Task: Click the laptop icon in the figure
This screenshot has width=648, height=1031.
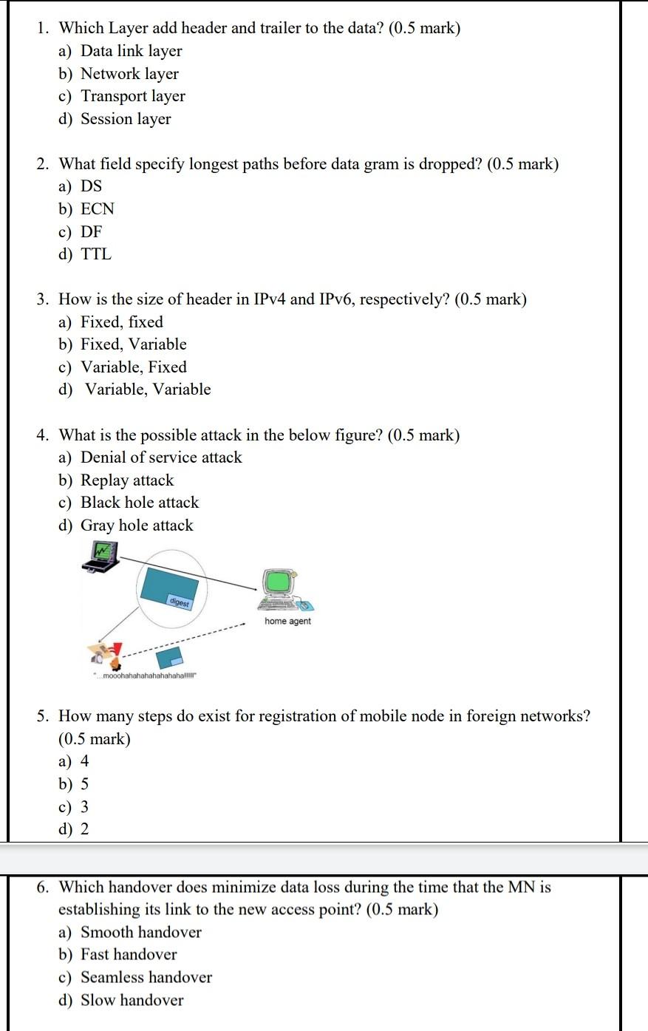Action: (x=100, y=557)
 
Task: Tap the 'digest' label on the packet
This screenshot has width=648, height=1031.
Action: (x=179, y=602)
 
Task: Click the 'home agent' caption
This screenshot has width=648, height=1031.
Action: (x=287, y=622)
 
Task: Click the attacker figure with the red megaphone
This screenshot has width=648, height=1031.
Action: (x=105, y=652)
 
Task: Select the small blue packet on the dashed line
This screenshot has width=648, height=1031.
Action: (x=172, y=657)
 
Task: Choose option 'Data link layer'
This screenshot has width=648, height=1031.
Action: (x=131, y=51)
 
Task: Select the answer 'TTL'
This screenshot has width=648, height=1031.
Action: (x=96, y=254)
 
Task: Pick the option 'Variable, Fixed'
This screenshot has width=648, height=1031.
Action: (x=134, y=367)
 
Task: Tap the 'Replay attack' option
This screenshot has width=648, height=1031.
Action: (x=127, y=480)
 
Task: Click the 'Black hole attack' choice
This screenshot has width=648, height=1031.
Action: (x=140, y=503)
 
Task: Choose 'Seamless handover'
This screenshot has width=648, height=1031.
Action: (x=146, y=978)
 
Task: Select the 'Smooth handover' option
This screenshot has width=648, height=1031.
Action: (x=141, y=933)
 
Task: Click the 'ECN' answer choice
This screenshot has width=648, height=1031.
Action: (x=98, y=209)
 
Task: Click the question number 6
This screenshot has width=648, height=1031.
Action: (x=44, y=887)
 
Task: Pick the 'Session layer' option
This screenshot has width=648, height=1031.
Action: (x=126, y=119)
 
